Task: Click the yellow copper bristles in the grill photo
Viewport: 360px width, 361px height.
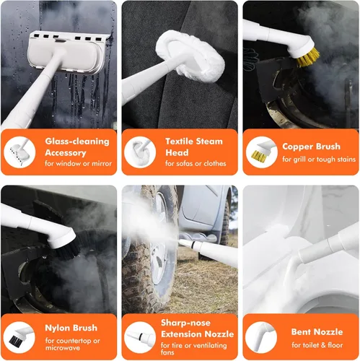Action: click(x=308, y=57)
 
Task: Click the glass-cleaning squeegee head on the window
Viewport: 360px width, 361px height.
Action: click(x=67, y=53)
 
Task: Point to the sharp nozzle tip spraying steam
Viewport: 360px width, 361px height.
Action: click(x=183, y=242)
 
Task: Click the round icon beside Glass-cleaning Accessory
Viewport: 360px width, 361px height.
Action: click(x=19, y=152)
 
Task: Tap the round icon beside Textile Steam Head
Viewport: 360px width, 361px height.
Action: click(x=140, y=152)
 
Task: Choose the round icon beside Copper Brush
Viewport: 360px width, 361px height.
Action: click(x=262, y=152)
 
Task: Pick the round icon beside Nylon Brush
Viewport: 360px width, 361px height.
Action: click(x=19, y=338)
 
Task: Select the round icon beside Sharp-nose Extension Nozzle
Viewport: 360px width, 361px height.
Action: click(x=140, y=338)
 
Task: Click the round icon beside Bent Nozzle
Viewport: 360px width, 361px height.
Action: click(x=261, y=338)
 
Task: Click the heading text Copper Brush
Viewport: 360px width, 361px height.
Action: click(x=311, y=147)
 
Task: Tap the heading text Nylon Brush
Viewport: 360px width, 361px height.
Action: click(x=71, y=328)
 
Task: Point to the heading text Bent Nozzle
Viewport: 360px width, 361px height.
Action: click(x=317, y=332)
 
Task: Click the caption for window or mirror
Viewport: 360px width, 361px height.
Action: click(x=78, y=164)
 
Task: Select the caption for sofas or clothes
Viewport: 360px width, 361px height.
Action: click(x=196, y=164)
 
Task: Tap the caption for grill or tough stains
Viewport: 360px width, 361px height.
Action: click(x=319, y=160)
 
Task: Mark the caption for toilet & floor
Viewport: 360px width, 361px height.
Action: click(x=317, y=345)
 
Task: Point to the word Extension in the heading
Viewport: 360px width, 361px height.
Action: click(x=177, y=334)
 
